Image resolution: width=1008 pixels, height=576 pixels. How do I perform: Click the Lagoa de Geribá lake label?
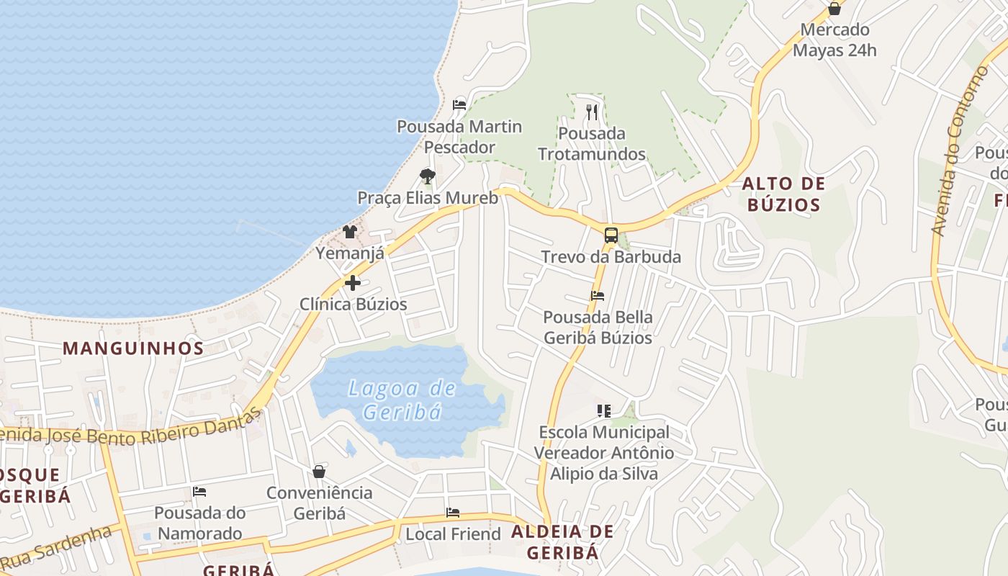[x=402, y=400]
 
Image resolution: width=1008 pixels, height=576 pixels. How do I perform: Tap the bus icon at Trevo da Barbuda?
[x=611, y=235]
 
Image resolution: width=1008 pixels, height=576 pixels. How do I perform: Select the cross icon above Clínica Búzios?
[x=353, y=283]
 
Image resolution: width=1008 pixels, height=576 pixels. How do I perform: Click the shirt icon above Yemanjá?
[x=350, y=232]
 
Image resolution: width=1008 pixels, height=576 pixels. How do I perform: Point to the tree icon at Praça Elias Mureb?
[x=428, y=176]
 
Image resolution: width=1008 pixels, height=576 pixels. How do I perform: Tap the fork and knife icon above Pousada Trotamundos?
[x=592, y=112]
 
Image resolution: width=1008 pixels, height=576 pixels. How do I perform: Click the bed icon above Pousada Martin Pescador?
[x=459, y=105]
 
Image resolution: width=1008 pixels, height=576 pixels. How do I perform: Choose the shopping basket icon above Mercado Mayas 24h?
[x=834, y=9]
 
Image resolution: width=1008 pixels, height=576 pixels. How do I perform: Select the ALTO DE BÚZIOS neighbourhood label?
[x=783, y=194]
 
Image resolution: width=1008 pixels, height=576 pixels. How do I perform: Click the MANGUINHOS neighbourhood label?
[x=133, y=348]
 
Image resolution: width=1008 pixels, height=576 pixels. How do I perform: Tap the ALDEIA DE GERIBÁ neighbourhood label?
[x=562, y=542]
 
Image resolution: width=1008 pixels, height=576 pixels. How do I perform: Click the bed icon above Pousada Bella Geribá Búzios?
[x=598, y=296]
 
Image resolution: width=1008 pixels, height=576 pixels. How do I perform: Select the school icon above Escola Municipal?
[x=604, y=411]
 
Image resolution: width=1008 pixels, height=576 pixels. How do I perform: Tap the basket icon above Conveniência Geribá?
[x=319, y=472]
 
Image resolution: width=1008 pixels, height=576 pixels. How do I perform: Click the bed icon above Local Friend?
[x=453, y=513]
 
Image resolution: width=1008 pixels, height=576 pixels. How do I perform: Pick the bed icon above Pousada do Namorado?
[x=199, y=492]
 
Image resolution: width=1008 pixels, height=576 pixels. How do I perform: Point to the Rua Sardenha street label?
[x=58, y=546]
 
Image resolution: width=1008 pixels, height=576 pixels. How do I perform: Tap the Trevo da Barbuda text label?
[x=611, y=257]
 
